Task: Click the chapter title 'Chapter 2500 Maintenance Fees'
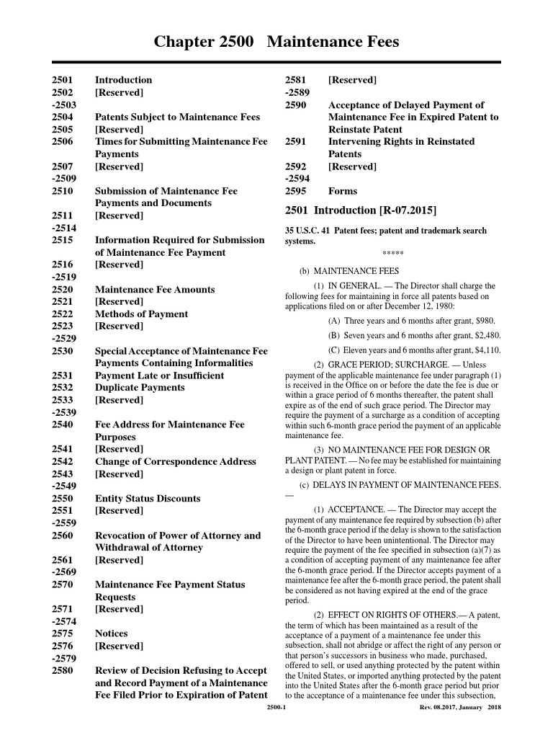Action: click(x=276, y=43)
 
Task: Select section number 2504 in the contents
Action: click(x=63, y=117)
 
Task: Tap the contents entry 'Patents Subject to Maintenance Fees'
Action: click(x=178, y=117)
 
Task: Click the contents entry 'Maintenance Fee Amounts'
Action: click(x=155, y=290)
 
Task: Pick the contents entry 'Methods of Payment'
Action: click(x=142, y=314)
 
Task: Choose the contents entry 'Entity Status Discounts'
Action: click(x=148, y=499)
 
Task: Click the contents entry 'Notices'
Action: click(x=112, y=633)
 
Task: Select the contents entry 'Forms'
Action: click(x=343, y=192)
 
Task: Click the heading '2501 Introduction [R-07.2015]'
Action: click(x=361, y=211)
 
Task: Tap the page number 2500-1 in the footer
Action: click(x=276, y=708)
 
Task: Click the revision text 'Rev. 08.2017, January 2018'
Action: click(x=460, y=708)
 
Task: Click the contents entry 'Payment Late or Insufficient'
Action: click(x=159, y=375)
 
